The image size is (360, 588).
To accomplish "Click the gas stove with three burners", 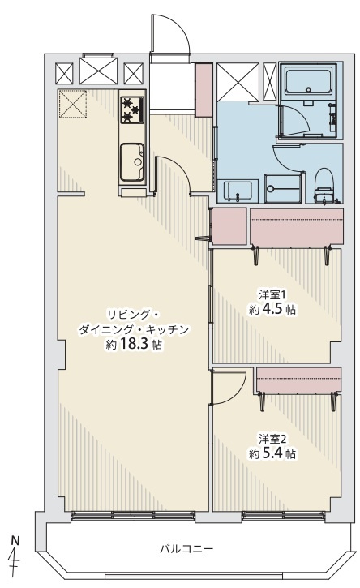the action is click(x=132, y=109).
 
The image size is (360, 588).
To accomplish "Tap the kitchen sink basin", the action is click(x=132, y=162).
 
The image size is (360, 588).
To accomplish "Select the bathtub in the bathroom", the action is click(x=308, y=81).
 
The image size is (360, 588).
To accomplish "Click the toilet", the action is click(x=324, y=186).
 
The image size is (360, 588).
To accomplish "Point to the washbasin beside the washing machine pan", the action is click(x=238, y=191).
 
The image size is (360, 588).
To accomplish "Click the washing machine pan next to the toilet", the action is click(x=283, y=189).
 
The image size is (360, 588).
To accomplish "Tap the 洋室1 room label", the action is click(x=272, y=294).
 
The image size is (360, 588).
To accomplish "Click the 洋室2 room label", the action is click(x=272, y=438).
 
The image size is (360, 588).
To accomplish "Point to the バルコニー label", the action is click(x=186, y=549).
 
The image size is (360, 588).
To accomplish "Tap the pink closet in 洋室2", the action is click(x=298, y=379).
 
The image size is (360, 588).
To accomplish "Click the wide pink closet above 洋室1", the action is click(x=296, y=227).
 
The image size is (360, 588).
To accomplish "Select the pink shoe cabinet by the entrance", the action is click(x=204, y=90).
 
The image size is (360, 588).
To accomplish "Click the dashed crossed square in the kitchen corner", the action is click(x=73, y=104).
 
